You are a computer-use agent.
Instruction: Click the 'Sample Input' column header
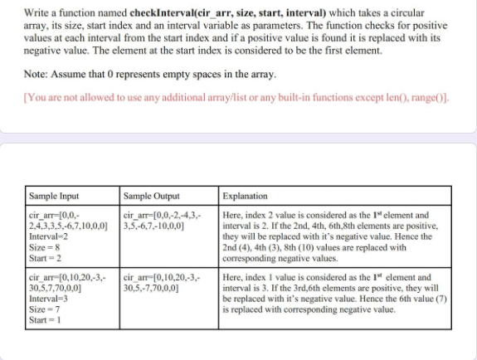(53, 197)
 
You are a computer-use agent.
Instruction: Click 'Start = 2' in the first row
(45, 256)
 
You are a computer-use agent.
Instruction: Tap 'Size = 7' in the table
(43, 309)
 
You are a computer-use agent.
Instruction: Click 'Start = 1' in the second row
(45, 320)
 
